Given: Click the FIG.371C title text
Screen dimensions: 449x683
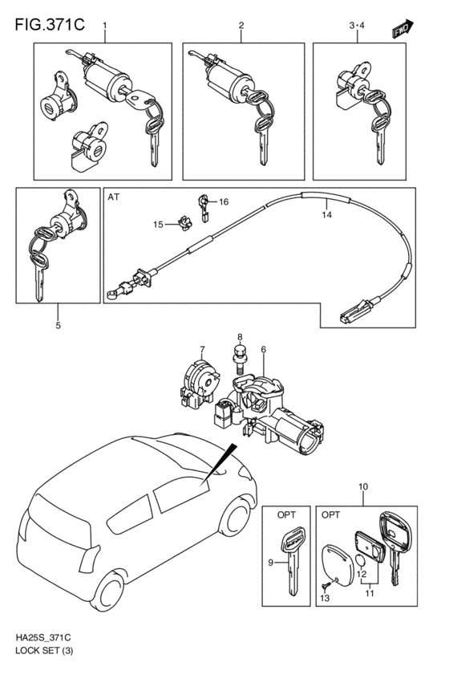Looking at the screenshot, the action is point(50,25).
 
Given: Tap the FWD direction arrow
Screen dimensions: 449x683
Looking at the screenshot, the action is point(402,29).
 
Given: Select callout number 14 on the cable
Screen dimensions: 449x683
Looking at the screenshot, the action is point(327,215).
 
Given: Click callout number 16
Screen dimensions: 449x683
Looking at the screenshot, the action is point(224,201).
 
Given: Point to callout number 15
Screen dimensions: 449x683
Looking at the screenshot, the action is point(158,225).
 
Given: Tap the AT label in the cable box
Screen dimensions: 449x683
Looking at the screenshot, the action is point(114,197).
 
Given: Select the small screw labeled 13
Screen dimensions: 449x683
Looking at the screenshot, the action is point(326,586).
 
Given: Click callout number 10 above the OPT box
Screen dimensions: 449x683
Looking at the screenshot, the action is point(363,486).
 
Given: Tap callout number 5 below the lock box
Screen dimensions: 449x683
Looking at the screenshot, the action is point(58,325).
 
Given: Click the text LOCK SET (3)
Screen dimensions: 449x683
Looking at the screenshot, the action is point(44,651).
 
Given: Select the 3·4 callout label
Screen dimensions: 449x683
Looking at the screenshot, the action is point(357,25).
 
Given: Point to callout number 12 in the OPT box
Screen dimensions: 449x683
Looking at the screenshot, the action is point(362,574).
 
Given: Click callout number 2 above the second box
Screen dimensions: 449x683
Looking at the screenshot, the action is point(241,25).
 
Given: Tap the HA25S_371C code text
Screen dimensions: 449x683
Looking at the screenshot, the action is point(43,638).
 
